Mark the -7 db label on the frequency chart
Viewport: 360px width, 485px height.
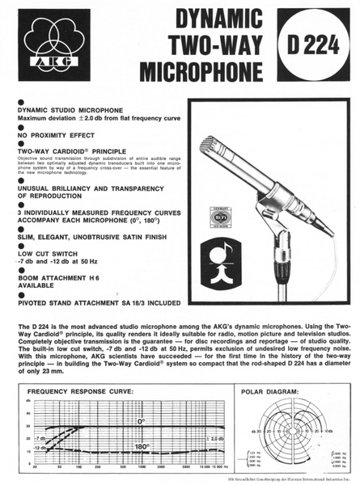(40, 436)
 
